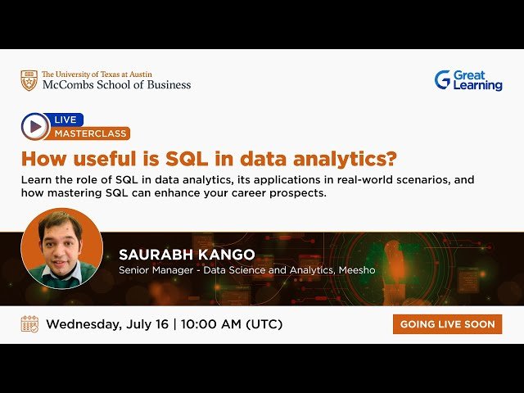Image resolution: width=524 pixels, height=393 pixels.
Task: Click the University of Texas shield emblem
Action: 29,80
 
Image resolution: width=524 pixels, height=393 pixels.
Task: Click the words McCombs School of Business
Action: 116,84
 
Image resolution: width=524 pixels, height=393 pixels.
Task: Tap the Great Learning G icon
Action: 442,79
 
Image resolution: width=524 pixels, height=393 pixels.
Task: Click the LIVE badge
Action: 65,120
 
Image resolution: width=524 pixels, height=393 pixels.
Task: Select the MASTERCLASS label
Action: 91,133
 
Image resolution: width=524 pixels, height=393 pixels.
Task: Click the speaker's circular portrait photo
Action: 61,248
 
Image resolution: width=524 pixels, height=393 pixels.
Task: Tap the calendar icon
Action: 29,323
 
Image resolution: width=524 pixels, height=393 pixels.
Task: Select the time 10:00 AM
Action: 209,324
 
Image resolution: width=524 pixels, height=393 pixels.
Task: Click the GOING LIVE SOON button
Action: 447,324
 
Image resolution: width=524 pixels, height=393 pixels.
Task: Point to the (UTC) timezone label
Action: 264,324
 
